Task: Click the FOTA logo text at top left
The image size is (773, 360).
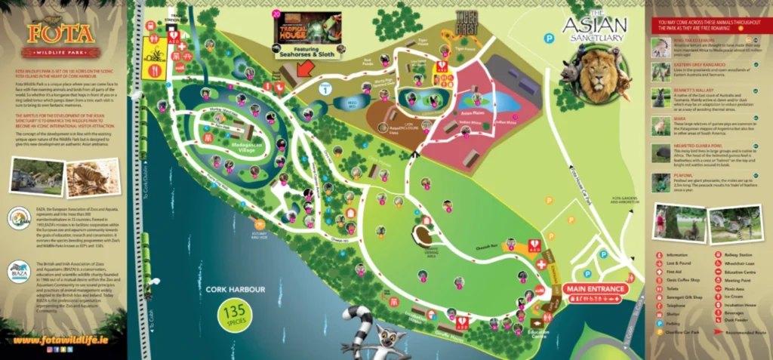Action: (x=60, y=34)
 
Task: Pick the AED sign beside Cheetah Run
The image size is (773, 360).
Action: (x=534, y=246)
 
